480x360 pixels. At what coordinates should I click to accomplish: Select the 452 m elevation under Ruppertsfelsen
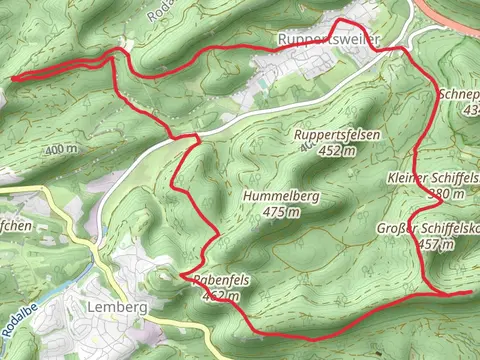point(337,151)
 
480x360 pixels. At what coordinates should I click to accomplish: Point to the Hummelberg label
point(281,197)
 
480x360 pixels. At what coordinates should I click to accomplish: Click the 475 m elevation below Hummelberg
point(281,212)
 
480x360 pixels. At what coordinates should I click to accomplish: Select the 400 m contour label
point(61,149)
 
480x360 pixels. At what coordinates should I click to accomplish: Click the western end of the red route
point(12,77)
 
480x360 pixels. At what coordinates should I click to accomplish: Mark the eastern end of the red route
point(470,292)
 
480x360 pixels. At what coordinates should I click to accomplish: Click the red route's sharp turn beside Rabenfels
point(181,273)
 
